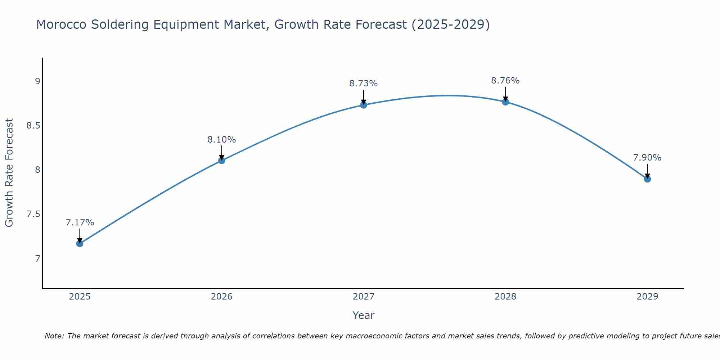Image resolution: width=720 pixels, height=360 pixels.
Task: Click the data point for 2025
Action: [x=80, y=244]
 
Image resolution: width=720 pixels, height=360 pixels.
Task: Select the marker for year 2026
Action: [x=222, y=161]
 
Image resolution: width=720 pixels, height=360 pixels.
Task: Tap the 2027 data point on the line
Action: [x=364, y=105]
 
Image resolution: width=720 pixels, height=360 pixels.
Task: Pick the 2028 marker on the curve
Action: [x=505, y=102]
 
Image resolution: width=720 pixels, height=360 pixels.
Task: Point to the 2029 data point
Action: [x=647, y=179]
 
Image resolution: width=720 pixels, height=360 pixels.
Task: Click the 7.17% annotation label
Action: [x=80, y=222]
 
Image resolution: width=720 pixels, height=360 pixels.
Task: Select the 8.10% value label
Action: [x=222, y=140]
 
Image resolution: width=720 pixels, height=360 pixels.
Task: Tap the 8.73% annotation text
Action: [x=364, y=84]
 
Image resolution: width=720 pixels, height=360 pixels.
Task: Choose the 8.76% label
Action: [x=505, y=81]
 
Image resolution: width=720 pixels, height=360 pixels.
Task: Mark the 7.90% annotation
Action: [x=647, y=158]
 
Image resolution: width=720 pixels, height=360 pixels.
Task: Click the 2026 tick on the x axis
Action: [x=222, y=297]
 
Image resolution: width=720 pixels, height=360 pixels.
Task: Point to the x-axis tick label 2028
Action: [x=505, y=297]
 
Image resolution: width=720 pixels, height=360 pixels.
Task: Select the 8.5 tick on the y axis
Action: [x=33, y=126]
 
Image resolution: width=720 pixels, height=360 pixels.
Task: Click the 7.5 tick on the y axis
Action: [x=33, y=215]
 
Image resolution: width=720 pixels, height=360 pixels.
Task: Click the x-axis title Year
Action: [x=364, y=315]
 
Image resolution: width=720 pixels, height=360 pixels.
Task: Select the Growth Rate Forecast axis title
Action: [x=9, y=173]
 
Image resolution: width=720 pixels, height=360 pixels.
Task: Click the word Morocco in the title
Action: [x=61, y=24]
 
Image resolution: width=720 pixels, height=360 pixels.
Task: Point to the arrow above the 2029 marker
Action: [x=647, y=171]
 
